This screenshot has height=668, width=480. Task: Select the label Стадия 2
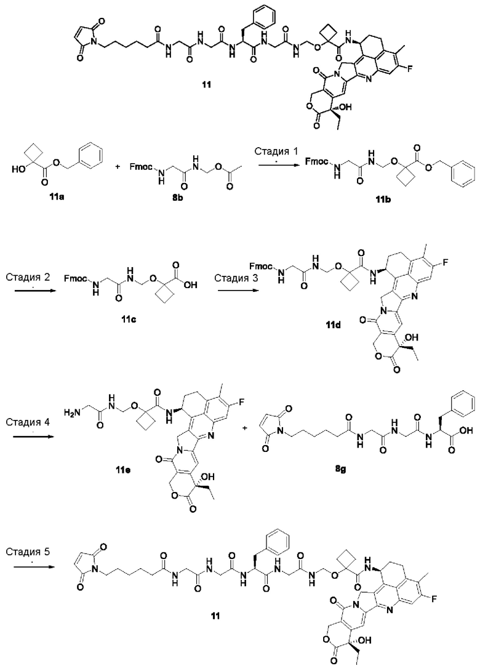(28, 277)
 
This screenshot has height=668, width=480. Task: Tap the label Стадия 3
(236, 278)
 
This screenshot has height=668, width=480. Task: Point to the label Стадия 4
(28, 422)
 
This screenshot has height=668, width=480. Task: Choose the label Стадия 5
(28, 552)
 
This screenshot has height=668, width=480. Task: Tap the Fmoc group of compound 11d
(261, 267)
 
